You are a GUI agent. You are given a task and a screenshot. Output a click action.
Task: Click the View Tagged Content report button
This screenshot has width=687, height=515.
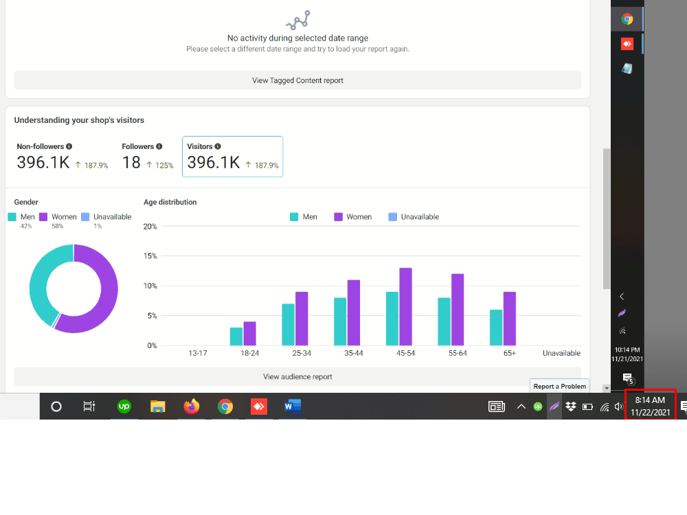pyautogui.click(x=297, y=80)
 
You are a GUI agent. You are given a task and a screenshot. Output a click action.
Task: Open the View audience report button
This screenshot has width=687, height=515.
pyautogui.click(x=297, y=376)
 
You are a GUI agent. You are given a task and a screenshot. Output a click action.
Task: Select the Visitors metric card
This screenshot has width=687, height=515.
pyautogui.click(x=233, y=157)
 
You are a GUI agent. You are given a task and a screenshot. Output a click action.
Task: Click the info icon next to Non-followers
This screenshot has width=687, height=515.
pyautogui.click(x=69, y=146)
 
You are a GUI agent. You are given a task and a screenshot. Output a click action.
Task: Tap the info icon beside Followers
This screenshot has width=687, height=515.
pyautogui.click(x=159, y=146)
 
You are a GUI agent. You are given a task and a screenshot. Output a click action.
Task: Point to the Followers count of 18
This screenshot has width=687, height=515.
pyautogui.click(x=131, y=163)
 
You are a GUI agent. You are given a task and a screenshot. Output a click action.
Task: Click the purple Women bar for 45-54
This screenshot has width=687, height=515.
pyautogui.click(x=406, y=306)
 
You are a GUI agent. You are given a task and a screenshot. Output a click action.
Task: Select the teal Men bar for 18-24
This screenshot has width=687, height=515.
pyautogui.click(x=236, y=336)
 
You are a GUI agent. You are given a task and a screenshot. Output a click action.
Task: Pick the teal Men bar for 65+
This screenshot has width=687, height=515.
pyautogui.click(x=496, y=328)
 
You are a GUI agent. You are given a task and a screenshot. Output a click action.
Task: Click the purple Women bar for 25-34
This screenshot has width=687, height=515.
pyautogui.click(x=302, y=319)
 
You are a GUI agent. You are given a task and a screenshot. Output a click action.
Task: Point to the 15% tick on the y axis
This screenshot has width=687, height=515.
pyautogui.click(x=150, y=255)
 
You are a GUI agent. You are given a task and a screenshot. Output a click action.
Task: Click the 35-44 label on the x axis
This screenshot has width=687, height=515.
pyautogui.click(x=354, y=353)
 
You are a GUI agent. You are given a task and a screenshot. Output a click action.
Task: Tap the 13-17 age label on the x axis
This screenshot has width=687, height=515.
pyautogui.click(x=198, y=353)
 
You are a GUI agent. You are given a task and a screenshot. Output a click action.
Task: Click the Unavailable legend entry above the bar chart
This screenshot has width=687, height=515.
pyautogui.click(x=414, y=217)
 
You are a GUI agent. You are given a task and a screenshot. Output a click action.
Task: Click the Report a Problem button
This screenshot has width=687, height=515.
pyautogui.click(x=559, y=386)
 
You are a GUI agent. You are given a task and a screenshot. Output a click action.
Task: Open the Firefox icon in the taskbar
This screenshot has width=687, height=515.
pyautogui.click(x=192, y=407)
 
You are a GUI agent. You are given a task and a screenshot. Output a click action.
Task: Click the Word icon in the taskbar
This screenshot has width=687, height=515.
pyautogui.click(x=292, y=407)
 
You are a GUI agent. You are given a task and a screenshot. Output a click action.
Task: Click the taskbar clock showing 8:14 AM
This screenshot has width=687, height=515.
pyautogui.click(x=650, y=406)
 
